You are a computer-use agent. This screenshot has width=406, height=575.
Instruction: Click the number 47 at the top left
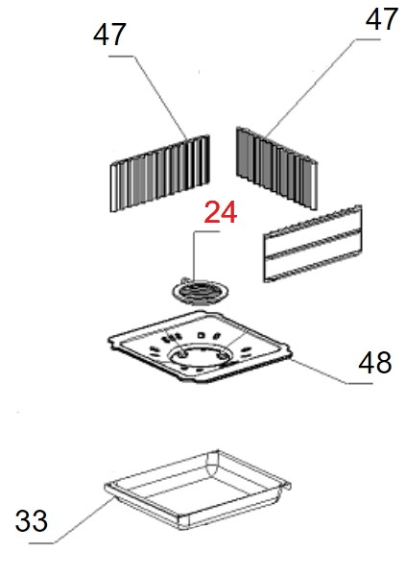110,35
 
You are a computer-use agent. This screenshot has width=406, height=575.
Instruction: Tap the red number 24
221,212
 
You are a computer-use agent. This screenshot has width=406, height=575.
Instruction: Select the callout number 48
375,362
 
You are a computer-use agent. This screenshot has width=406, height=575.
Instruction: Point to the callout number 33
32,520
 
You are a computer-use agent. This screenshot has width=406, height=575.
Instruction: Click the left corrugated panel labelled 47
160,173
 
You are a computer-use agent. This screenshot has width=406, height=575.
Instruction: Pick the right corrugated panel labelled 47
276,168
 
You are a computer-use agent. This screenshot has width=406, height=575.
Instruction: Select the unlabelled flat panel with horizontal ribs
313,244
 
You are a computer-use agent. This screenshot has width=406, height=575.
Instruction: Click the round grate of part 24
201,293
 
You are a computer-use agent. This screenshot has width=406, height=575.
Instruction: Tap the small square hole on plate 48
201,335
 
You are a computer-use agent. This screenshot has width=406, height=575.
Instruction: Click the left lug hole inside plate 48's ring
182,353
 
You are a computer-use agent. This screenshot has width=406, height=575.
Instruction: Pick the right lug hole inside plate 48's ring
222,355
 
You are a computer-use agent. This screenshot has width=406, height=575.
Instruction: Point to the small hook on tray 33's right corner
287,484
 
